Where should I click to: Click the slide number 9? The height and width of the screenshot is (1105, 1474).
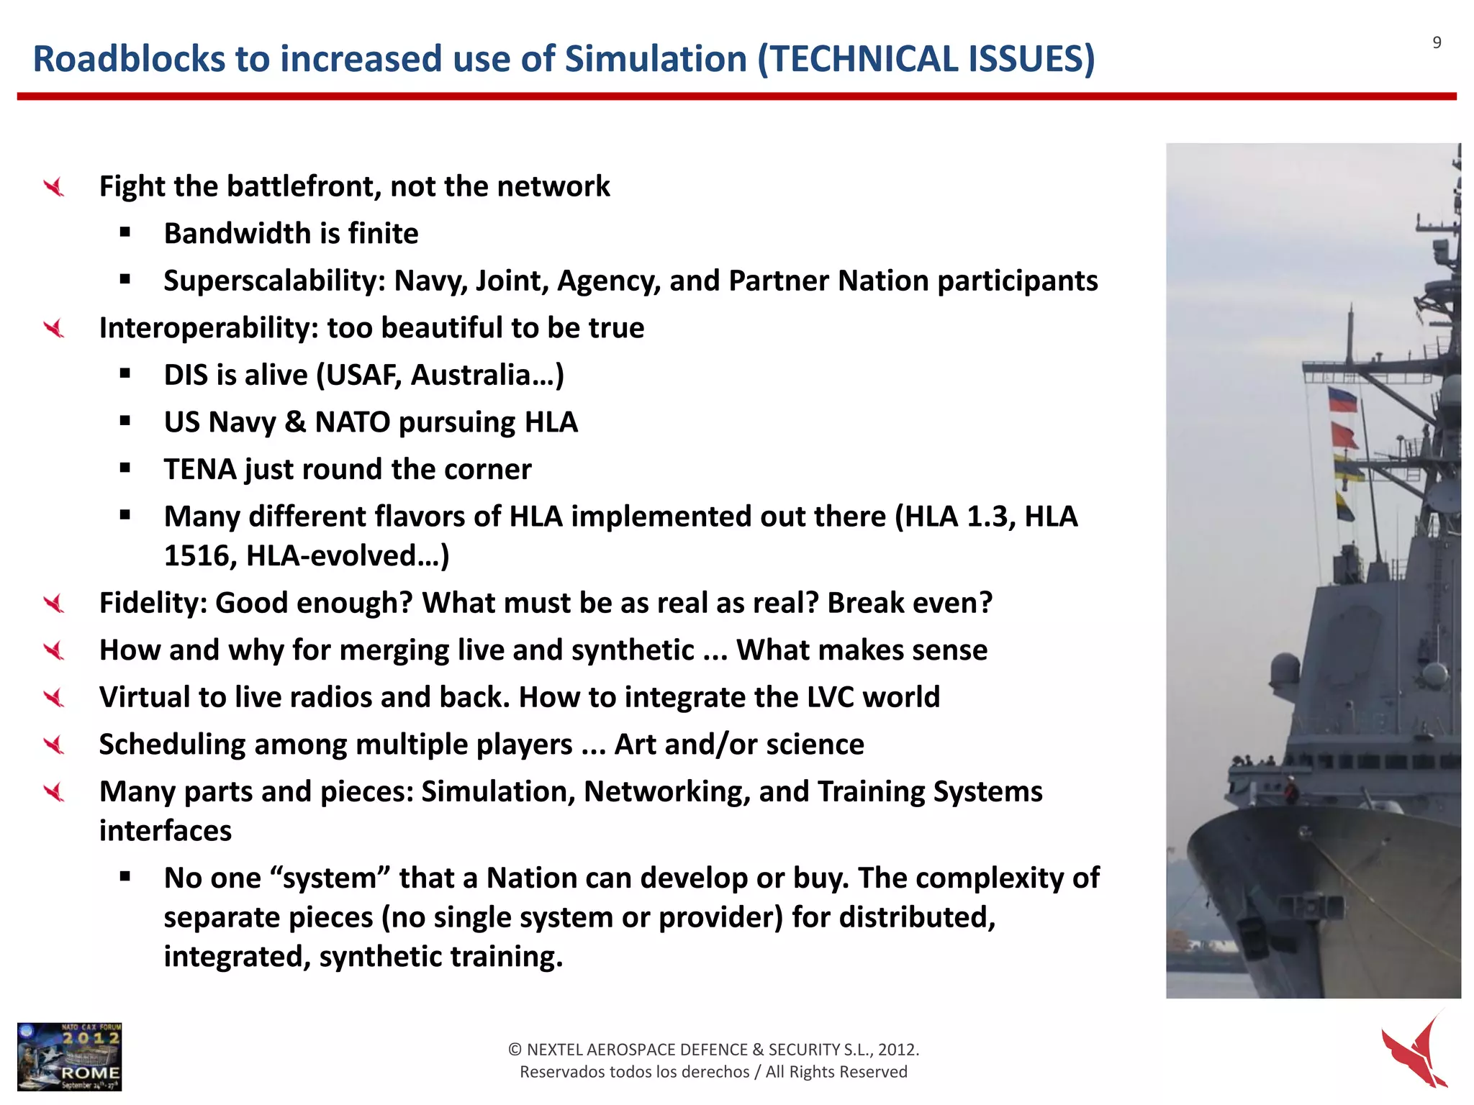pyautogui.click(x=1437, y=43)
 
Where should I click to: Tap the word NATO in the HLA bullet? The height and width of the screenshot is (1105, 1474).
pyautogui.click(x=352, y=422)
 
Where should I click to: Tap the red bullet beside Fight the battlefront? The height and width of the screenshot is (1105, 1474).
pyautogui.click(x=54, y=188)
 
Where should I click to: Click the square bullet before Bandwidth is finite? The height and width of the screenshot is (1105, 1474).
pyautogui.click(x=125, y=232)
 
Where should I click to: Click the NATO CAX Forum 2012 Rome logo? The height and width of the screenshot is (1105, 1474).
pyautogui.click(x=70, y=1056)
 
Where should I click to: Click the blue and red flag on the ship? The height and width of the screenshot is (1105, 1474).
pyautogui.click(x=1342, y=400)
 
